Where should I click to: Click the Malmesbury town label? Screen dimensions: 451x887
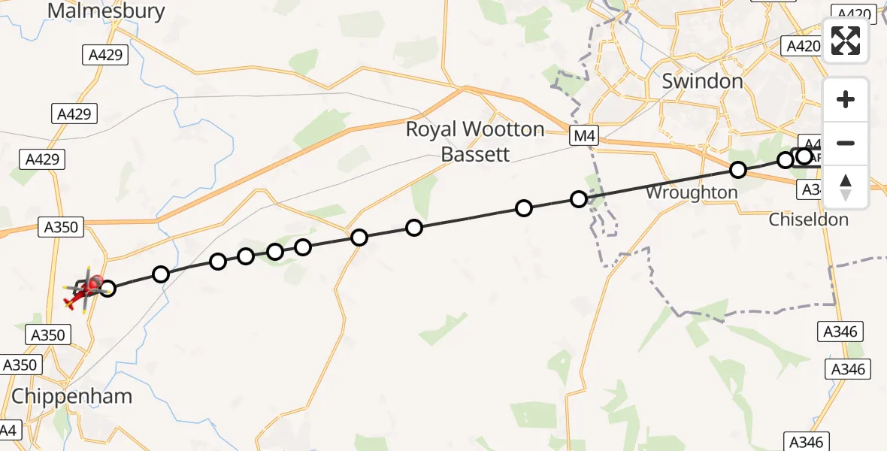(x=106, y=11)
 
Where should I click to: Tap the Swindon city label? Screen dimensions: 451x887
(x=702, y=81)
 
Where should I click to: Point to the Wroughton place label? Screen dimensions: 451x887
(x=692, y=193)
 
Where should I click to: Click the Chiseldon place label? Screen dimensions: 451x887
(x=808, y=220)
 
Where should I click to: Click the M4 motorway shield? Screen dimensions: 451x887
(x=583, y=136)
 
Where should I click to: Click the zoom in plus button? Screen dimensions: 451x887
(x=846, y=100)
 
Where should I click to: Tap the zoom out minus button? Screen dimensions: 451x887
(x=846, y=143)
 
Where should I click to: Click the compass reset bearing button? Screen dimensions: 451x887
(x=846, y=186)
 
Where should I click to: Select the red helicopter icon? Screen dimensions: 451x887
(x=85, y=291)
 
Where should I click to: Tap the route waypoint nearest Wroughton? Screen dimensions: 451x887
(x=738, y=171)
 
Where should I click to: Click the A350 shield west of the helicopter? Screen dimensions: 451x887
(x=60, y=226)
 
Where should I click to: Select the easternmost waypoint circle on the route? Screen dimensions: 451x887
(x=804, y=156)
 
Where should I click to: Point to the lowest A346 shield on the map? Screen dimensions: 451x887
(x=806, y=442)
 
